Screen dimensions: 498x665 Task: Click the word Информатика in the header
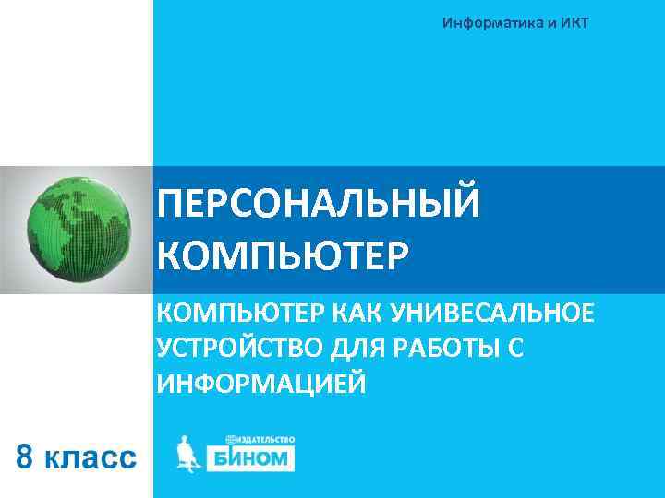492,22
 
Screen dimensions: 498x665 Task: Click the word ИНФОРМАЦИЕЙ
262,382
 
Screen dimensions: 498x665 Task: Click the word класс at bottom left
91,457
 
